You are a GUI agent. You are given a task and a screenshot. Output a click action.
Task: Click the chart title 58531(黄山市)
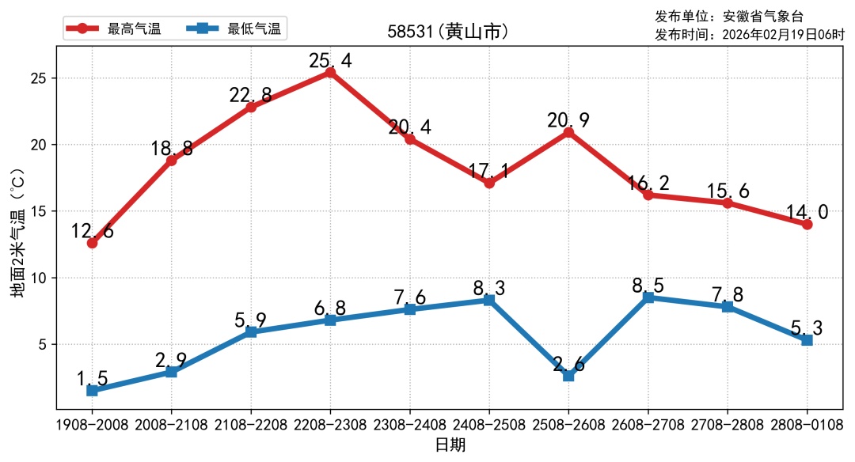click(x=447, y=32)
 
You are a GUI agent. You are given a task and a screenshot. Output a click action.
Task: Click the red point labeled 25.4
click(x=330, y=72)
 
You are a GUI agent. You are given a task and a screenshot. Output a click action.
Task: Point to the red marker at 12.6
click(x=92, y=243)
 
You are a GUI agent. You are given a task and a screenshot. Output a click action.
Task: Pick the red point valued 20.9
click(x=568, y=132)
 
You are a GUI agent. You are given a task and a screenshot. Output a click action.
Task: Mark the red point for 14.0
click(x=807, y=224)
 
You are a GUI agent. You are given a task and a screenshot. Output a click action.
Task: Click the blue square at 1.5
click(x=92, y=390)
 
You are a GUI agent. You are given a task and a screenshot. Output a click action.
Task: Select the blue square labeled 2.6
click(x=568, y=376)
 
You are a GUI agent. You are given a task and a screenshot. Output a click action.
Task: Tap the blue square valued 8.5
click(x=648, y=297)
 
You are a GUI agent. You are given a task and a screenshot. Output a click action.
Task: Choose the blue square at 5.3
click(x=807, y=340)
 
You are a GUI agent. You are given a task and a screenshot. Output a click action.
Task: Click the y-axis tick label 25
click(x=39, y=79)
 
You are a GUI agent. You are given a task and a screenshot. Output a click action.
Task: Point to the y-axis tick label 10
click(x=39, y=278)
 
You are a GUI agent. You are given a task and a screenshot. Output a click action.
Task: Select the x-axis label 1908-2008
click(x=92, y=425)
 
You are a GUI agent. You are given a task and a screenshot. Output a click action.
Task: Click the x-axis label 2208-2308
click(x=330, y=425)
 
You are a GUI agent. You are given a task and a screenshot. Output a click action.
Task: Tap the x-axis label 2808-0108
click(x=807, y=425)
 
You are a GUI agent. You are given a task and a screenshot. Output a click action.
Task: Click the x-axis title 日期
click(x=450, y=445)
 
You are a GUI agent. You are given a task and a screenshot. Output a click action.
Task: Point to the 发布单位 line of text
click(x=728, y=16)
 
